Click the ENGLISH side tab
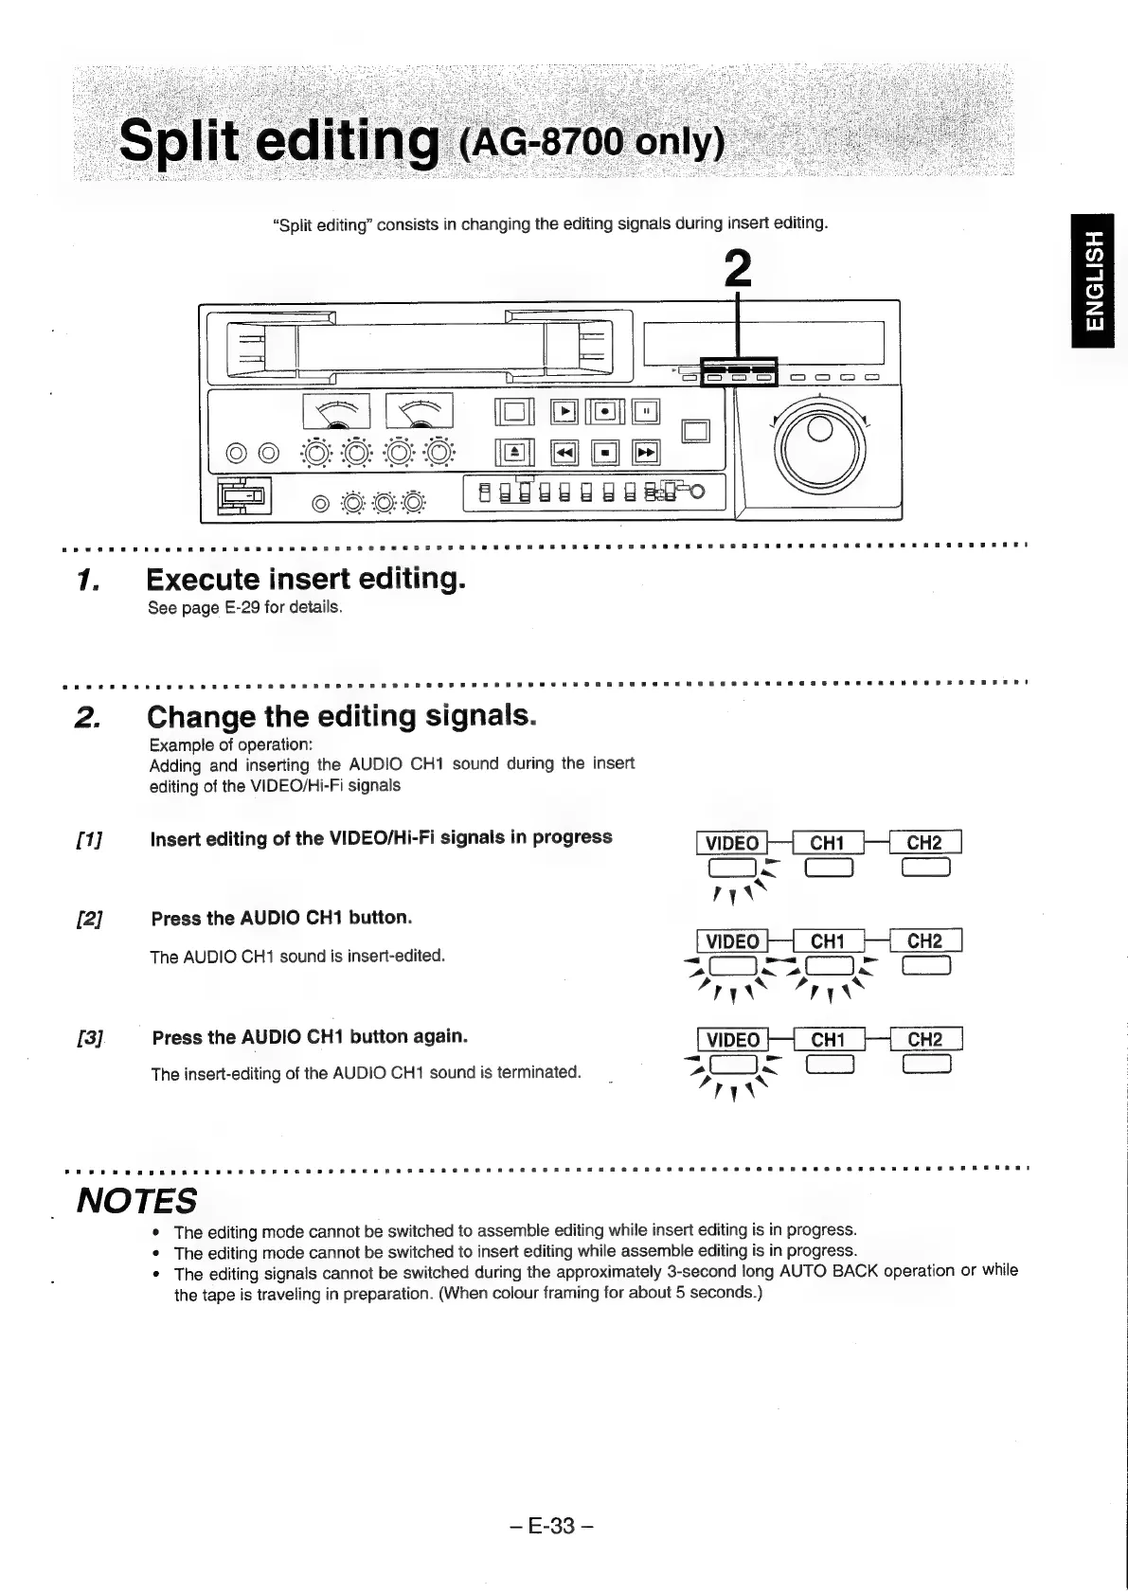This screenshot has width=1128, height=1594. pos(1093,281)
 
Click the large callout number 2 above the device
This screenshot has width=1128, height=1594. pos(737,268)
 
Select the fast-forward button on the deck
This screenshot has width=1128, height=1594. pos(646,454)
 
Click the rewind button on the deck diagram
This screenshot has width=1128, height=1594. pos(564,454)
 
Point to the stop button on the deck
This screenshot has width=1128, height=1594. pos(605,454)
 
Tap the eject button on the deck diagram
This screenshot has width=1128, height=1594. pos(514,454)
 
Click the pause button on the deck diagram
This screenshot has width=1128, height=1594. pos(646,412)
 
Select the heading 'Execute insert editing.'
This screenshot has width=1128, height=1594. pos(306,579)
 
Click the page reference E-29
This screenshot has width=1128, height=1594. pos(242,607)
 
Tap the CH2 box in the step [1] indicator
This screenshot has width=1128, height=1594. pos(923,843)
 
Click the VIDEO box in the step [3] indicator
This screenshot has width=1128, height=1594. pos(732,1039)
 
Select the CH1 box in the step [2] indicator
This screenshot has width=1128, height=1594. pos(827,940)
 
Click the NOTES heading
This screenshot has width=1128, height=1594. pos(136,1201)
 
